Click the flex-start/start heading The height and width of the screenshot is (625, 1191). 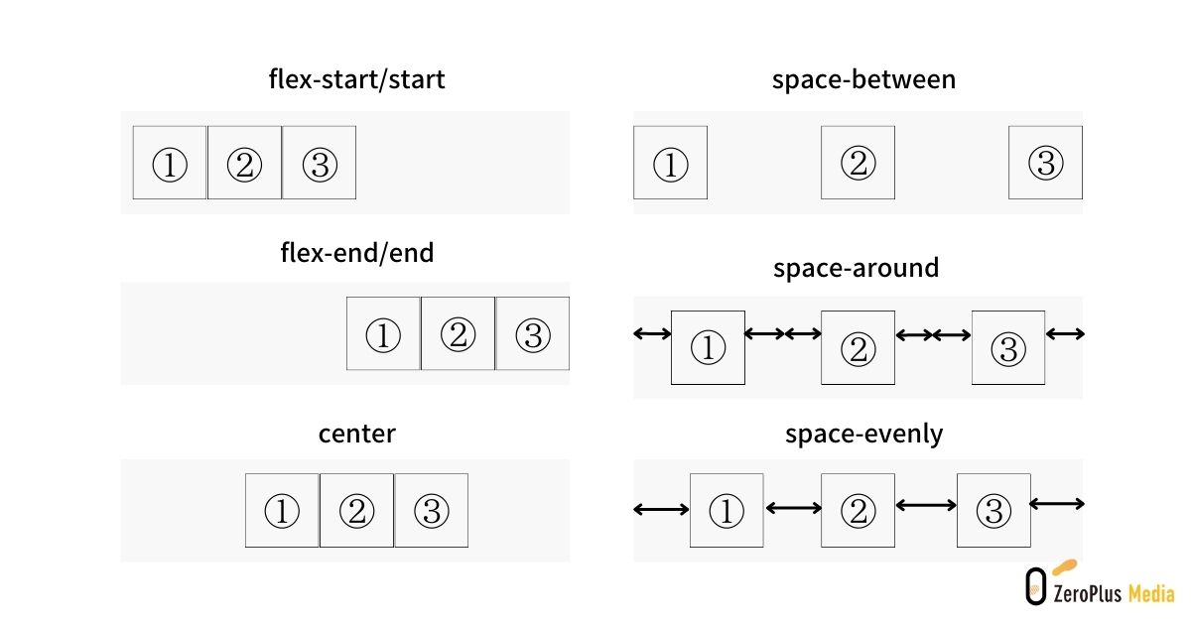tap(356, 79)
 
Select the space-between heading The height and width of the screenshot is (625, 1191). tap(863, 79)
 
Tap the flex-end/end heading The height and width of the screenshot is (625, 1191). tap(356, 252)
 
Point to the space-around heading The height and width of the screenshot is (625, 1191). tap(856, 268)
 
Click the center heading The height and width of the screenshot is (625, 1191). tap(356, 434)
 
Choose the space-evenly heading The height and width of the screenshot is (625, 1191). tap(863, 435)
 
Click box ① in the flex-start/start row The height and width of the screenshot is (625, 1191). tap(170, 163)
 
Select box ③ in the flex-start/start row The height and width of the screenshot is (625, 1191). tap(319, 163)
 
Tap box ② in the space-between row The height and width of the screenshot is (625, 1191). tap(858, 163)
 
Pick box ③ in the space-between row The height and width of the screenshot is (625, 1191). tap(1045, 163)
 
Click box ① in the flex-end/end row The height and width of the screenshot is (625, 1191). tap(383, 333)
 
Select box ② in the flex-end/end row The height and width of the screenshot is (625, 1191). tap(458, 333)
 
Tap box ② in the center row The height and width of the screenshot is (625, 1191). tap(356, 510)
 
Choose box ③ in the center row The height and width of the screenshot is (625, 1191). tap(431, 510)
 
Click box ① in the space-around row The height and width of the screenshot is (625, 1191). tap(708, 347)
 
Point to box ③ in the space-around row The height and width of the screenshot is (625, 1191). tap(1008, 347)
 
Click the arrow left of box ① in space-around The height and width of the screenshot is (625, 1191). tap(652, 333)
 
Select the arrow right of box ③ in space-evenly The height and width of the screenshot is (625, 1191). tap(1056, 503)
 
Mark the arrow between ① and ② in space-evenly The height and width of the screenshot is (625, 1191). tap(793, 508)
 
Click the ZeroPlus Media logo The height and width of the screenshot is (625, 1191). tap(1100, 583)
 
